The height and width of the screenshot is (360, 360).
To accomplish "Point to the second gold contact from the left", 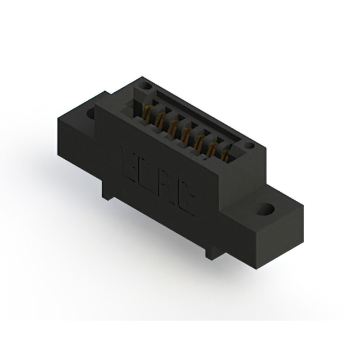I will pos(160,121).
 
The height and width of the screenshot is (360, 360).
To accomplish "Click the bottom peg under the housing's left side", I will pos(107,194).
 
